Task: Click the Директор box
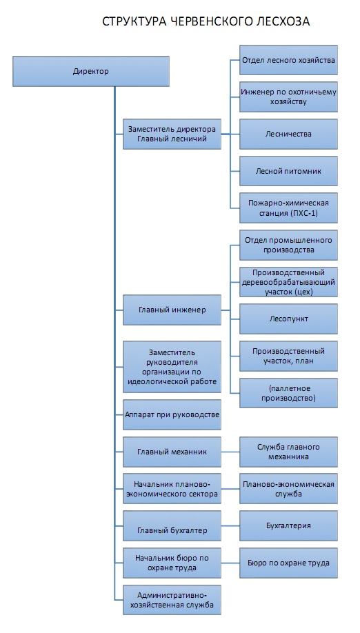click(91, 72)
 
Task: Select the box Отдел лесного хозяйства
click(288, 60)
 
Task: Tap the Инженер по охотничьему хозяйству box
click(288, 97)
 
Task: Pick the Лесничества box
click(288, 134)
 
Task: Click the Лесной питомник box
click(288, 171)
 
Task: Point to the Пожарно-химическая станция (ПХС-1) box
click(288, 208)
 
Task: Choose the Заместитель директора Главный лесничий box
click(172, 134)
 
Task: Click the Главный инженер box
click(172, 310)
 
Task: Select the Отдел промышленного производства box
click(288, 245)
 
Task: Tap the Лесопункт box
click(288, 319)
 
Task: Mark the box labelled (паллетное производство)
click(288, 393)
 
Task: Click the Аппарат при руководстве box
click(172, 414)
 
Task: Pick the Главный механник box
click(172, 452)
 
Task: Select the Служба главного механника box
click(288, 452)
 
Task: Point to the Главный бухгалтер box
click(172, 525)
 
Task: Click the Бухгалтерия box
click(288, 525)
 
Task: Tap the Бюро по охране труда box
click(288, 563)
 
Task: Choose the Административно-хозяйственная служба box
click(172, 600)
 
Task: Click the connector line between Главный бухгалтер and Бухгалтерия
click(230, 525)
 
